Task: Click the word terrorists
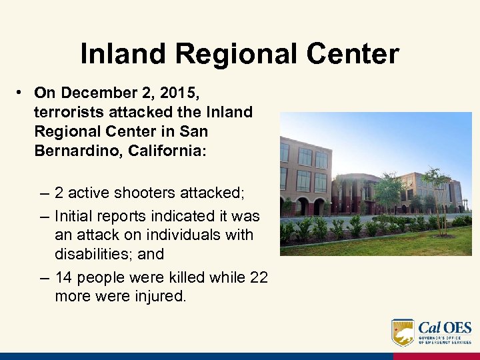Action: (67, 112)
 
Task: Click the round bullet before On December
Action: (22, 92)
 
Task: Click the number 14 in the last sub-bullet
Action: (65, 277)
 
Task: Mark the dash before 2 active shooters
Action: (44, 193)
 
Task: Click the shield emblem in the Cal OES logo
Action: (402, 332)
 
